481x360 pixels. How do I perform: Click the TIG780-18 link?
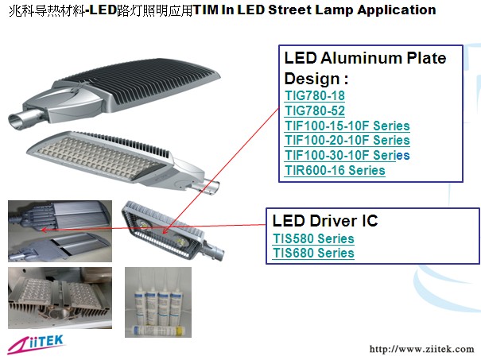click(315, 95)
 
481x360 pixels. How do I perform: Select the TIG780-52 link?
click(315, 110)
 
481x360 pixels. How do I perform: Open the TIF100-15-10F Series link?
click(347, 126)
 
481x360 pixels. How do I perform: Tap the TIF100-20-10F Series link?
click(347, 140)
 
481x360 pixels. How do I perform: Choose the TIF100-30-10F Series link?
click(347, 155)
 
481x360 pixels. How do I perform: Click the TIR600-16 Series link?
click(335, 170)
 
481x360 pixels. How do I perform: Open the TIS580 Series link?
click(313, 238)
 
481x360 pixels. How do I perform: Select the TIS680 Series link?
click(313, 254)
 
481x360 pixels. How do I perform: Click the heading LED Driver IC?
click(325, 221)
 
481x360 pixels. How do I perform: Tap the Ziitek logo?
click(36, 344)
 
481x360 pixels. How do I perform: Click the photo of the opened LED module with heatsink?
click(60, 298)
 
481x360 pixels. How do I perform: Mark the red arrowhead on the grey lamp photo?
click(44, 230)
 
